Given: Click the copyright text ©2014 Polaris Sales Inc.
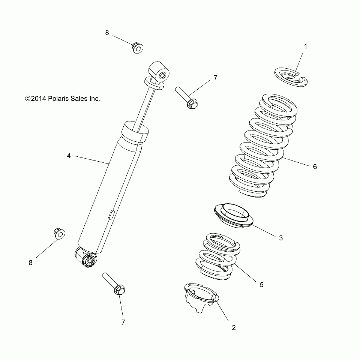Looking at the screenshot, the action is (x=62, y=99).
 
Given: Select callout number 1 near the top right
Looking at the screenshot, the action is (x=305, y=47).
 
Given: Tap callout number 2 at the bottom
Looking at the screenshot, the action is (x=234, y=327).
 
